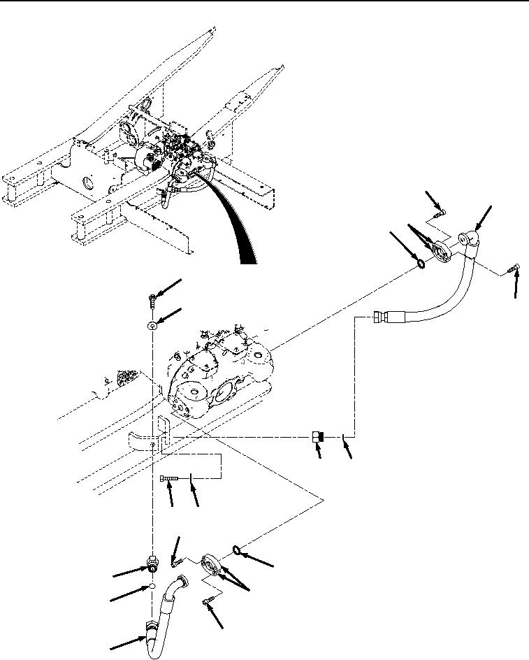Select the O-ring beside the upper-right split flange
coord(421,264)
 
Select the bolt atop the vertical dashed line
coord(153,301)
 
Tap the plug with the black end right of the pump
coord(317,438)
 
